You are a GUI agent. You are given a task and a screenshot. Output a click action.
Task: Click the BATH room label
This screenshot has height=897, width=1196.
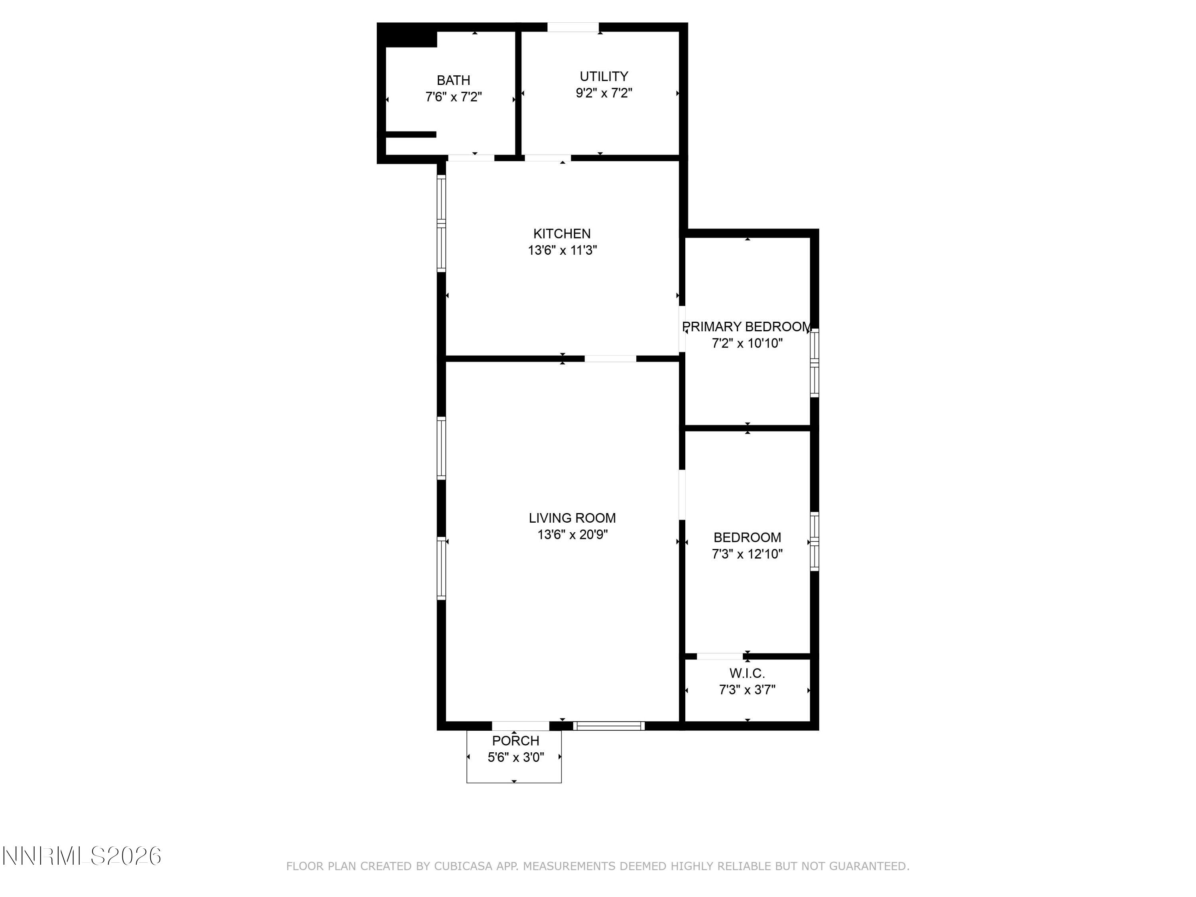[453, 80]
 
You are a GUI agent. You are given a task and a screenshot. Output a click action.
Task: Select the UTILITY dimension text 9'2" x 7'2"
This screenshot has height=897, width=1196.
[604, 93]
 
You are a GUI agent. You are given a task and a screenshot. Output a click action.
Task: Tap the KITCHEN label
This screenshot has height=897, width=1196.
[562, 234]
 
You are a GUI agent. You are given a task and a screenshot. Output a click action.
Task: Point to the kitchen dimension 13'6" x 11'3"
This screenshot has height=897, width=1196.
[562, 250]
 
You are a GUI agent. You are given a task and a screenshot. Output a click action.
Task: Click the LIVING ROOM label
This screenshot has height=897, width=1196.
[572, 518]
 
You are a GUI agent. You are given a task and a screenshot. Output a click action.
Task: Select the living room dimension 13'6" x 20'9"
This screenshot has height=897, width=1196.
[572, 535]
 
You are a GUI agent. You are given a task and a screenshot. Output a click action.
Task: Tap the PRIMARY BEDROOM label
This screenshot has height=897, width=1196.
[747, 327]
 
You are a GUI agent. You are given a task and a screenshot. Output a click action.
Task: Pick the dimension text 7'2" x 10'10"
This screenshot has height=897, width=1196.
[747, 343]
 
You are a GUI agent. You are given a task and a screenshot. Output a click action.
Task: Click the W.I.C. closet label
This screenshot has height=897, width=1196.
[747, 673]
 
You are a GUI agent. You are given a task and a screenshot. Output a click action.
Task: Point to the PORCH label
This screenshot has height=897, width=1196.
[515, 741]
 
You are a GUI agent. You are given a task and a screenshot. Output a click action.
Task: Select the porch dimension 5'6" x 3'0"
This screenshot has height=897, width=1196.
[515, 757]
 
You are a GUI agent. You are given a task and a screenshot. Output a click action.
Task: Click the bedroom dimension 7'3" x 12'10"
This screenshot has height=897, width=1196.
[747, 554]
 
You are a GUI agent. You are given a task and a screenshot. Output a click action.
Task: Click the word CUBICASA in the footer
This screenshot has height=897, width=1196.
[463, 866]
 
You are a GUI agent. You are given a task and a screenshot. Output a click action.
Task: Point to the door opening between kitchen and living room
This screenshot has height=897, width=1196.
[610, 358]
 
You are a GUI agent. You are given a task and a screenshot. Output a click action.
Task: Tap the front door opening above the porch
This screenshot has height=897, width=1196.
[520, 726]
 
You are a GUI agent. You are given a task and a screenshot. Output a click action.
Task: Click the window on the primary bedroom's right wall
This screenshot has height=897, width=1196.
[814, 362]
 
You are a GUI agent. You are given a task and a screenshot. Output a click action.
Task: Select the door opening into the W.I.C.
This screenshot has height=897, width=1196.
[719, 656]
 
